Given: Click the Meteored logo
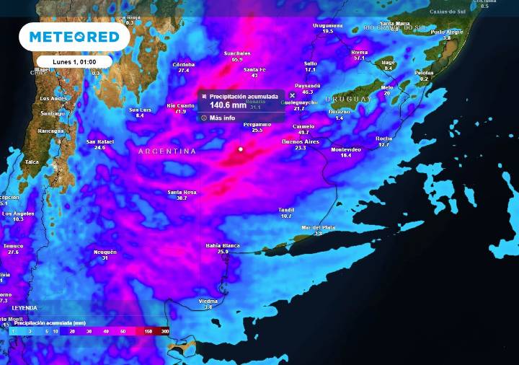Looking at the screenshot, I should [x=74, y=37].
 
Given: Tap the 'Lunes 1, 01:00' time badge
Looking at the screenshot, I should [x=75, y=62].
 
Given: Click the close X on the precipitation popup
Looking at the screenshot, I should [x=292, y=95].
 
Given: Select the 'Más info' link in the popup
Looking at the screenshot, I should [x=222, y=118].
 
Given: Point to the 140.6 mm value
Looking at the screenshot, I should [x=228, y=105].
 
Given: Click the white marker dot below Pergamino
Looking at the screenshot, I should [x=241, y=149].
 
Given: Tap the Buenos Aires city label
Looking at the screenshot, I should [x=301, y=142].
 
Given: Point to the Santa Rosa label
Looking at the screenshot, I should [x=182, y=192].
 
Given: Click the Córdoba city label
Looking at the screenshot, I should [x=184, y=65].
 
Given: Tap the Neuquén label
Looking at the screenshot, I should [x=105, y=252].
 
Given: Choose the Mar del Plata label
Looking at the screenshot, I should [x=318, y=227].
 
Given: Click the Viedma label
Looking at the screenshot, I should [x=208, y=301].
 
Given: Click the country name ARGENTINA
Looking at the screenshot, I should [x=167, y=151].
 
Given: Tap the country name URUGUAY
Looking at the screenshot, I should [x=347, y=99].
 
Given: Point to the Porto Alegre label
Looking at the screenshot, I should [x=447, y=32].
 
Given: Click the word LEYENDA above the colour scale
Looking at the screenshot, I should [x=25, y=308].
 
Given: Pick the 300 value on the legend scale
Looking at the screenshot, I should [x=165, y=331].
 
